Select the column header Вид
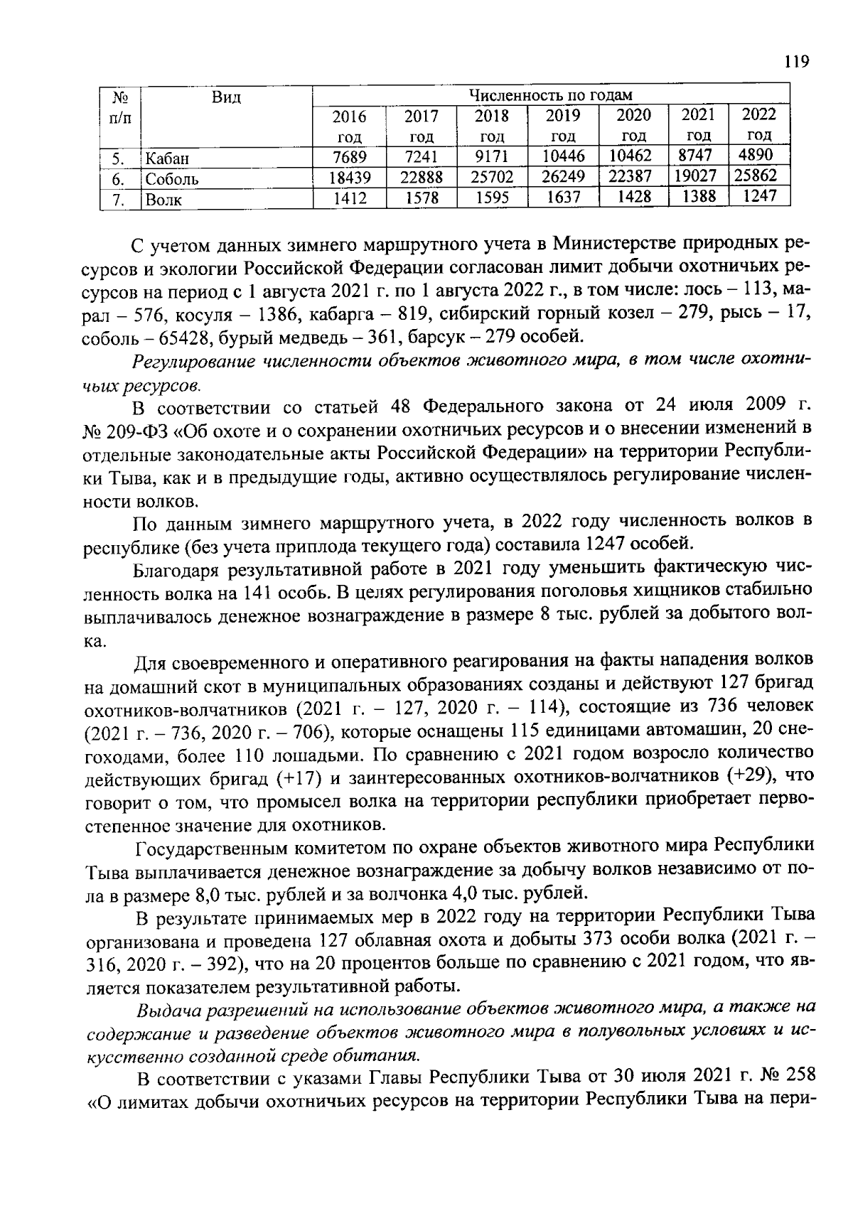226,97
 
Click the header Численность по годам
551,95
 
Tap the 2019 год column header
562,125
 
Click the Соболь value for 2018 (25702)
492,177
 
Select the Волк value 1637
562,197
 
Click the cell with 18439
349,178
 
